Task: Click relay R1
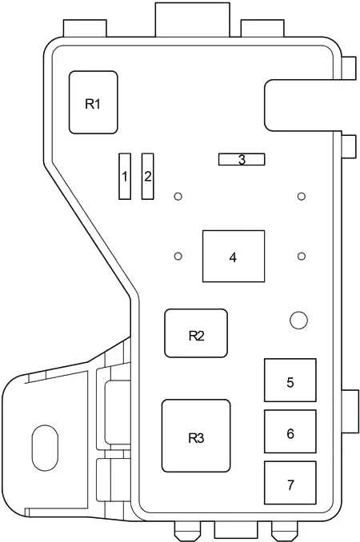[94, 102]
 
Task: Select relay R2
[196, 333]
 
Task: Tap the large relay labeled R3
[196, 436]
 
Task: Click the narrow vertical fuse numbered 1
[125, 177]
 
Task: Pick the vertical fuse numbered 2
[148, 177]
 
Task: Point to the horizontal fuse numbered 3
[242, 159]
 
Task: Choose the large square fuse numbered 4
[234, 256]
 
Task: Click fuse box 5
[290, 381]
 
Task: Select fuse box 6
[290, 432]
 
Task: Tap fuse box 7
[290, 483]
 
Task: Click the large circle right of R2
[298, 321]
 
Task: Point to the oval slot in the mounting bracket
[45, 448]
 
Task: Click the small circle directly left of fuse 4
[178, 256]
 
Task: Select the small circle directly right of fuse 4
[302, 256]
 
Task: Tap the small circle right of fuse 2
[178, 197]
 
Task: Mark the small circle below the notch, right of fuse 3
[302, 197]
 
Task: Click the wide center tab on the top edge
[192, 19]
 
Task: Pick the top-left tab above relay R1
[85, 28]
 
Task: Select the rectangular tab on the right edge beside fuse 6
[350, 412]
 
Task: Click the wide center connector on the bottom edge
[236, 529]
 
